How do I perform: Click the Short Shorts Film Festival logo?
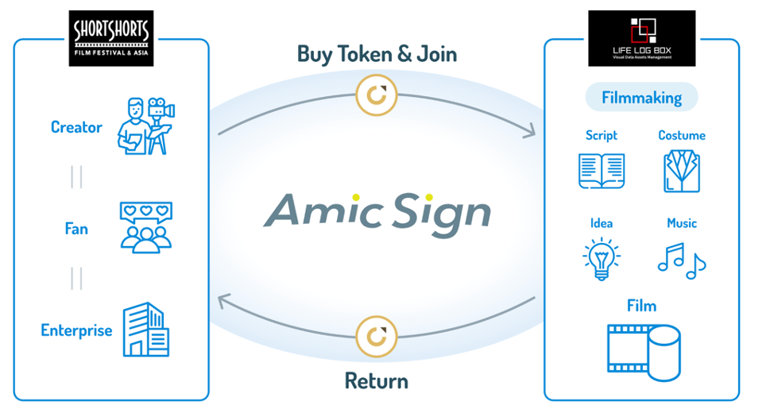coord(111,38)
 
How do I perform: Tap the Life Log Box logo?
coord(641,38)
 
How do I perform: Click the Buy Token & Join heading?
coord(377,53)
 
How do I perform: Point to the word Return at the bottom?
coord(377,380)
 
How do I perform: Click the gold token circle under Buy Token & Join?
coord(377,94)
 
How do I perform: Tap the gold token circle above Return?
coord(377,335)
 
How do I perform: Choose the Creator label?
coord(76,127)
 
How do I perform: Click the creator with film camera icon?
coord(145,125)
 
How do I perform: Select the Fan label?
coord(76,229)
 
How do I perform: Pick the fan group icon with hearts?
coord(145,227)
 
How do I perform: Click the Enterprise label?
coord(76,330)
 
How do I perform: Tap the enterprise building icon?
coord(145,330)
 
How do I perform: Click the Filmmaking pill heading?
coord(641,98)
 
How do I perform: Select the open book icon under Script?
coord(602,170)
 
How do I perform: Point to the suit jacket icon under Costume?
coord(682,170)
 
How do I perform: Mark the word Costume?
coord(682,136)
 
